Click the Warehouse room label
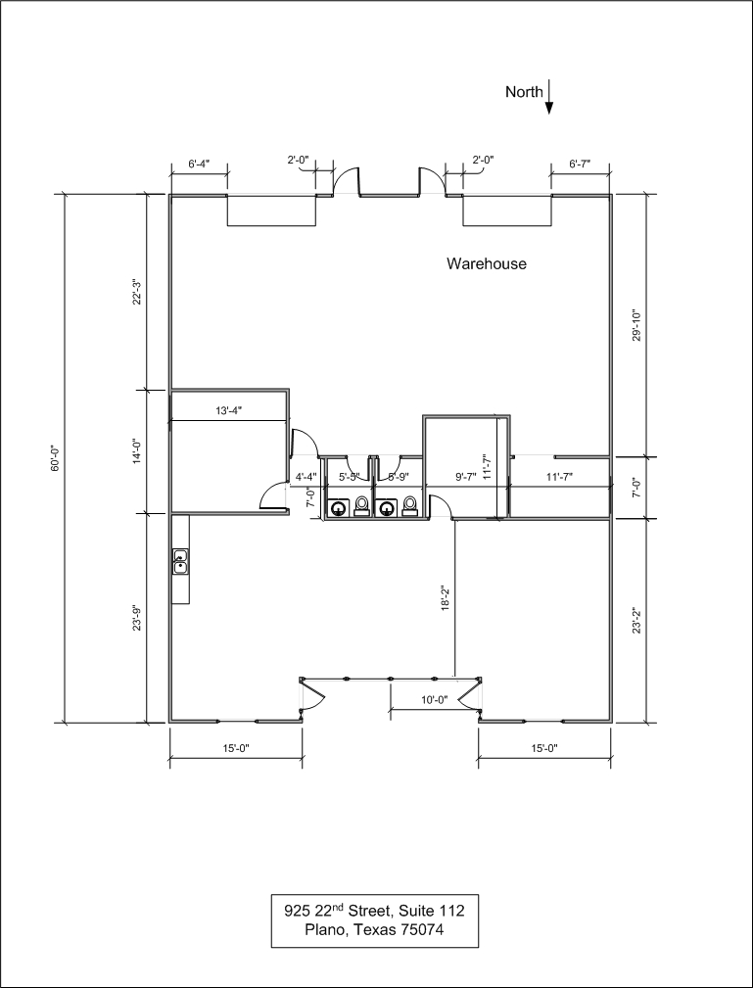pos(487,263)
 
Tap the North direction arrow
pos(549,96)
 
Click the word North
pos(524,92)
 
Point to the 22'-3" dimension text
pos(136,293)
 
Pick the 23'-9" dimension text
pos(136,619)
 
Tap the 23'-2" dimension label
pos(636,621)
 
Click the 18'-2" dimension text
pos(445,598)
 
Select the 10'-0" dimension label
pos(434,700)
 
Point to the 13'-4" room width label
pos(229,411)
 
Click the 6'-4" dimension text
pos(199,164)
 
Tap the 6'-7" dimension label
pos(580,164)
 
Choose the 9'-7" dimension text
pos(465,478)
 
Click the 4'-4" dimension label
pos(306,478)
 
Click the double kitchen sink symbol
pos(180,561)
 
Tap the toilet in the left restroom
pos(361,506)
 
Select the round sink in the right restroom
pos(386,508)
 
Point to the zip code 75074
pos(422,929)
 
